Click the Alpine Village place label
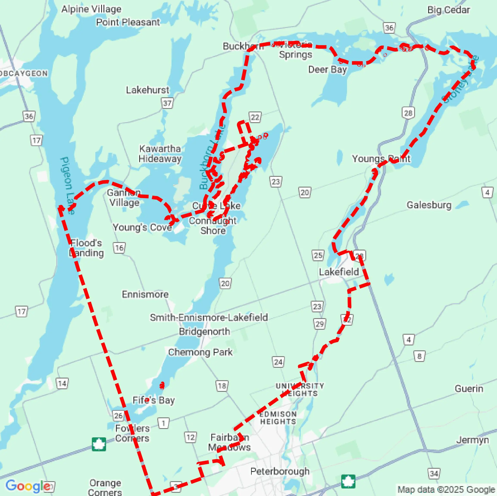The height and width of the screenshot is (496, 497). click(x=91, y=9)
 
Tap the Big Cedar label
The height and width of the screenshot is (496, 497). click(x=448, y=10)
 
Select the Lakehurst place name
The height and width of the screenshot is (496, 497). click(x=147, y=90)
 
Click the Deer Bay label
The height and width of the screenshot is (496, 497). click(x=327, y=70)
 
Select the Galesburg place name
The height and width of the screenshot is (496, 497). click(x=429, y=205)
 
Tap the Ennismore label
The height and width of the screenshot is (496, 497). click(x=145, y=294)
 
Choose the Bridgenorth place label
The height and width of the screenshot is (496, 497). click(x=204, y=331)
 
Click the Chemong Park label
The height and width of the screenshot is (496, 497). click(x=200, y=352)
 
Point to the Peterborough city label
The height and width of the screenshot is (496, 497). click(x=280, y=471)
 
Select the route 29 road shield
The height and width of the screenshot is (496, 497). click(x=319, y=324)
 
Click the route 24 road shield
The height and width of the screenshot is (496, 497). click(x=278, y=362)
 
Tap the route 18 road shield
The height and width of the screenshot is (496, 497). click(x=222, y=386)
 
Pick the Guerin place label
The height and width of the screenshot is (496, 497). click(x=469, y=389)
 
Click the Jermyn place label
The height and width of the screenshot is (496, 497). click(x=472, y=440)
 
